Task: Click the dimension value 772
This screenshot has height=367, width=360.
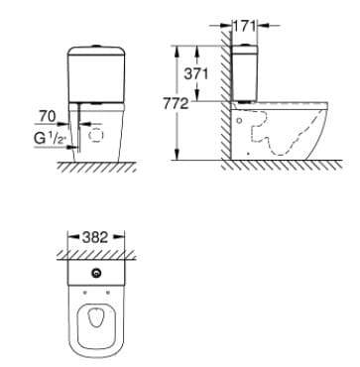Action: [x=187, y=102]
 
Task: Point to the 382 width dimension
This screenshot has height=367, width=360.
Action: [x=94, y=239]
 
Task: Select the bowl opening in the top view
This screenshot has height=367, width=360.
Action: [x=95, y=323]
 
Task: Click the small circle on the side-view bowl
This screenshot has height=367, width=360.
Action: [x=241, y=122]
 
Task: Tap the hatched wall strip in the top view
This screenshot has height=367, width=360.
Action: [x=95, y=257]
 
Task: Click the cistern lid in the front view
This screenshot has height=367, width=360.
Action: [x=95, y=49]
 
